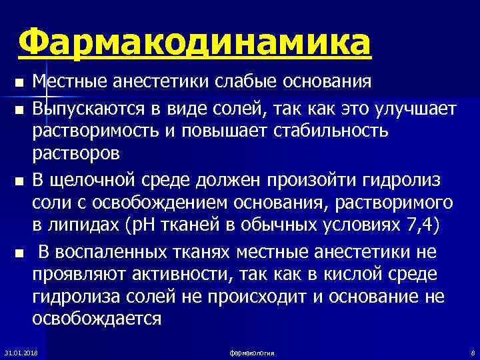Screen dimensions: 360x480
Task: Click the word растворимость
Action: [x=99, y=131]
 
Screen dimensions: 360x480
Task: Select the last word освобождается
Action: [x=97, y=318]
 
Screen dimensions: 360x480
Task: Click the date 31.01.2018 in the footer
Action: [x=21, y=351]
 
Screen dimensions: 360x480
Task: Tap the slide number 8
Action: [x=471, y=351]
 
